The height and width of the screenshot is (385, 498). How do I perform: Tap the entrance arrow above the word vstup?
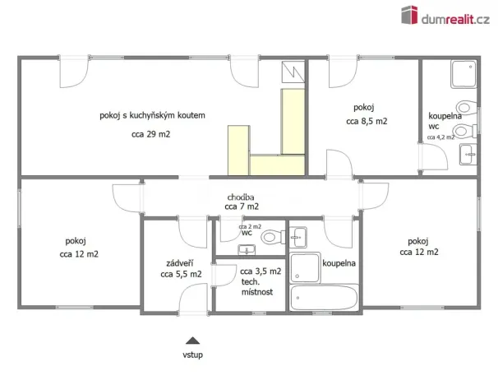192,340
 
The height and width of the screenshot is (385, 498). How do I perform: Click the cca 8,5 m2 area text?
367,121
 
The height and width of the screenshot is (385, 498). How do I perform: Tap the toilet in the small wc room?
270,238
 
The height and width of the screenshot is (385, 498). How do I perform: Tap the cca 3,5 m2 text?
261,271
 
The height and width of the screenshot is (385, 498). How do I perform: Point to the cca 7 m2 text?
242,207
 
